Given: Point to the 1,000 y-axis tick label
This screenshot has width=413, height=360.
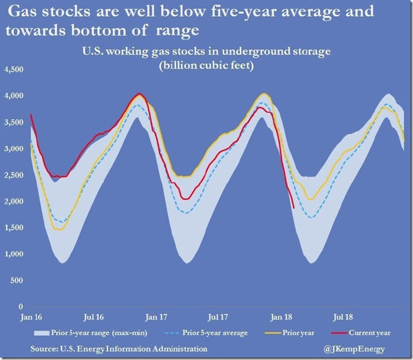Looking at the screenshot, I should click(14, 254).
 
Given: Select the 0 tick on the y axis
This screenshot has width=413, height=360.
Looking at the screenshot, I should click(21, 306).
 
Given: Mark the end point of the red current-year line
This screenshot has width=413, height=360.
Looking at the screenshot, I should click(293, 209).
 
